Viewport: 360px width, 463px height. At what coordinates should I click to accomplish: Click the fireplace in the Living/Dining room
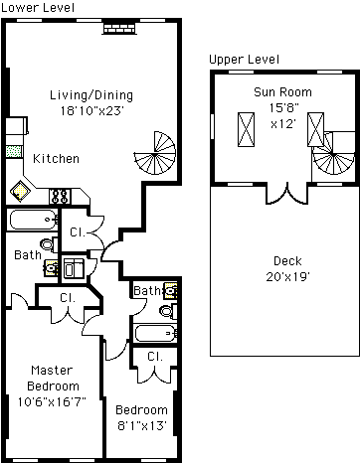pyautogui.click(x=119, y=28)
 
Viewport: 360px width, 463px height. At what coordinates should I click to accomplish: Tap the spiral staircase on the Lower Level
pyautogui.click(x=155, y=153)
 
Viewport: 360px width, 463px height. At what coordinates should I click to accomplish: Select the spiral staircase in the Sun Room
pyautogui.click(x=332, y=154)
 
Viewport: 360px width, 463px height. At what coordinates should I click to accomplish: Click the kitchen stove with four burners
pyautogui.click(x=60, y=196)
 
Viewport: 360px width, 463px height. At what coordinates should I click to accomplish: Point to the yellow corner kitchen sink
pyautogui.click(x=20, y=191)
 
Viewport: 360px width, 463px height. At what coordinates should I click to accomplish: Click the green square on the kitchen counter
pyautogui.click(x=14, y=152)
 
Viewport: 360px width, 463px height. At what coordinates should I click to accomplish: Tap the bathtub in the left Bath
pyautogui.click(x=33, y=220)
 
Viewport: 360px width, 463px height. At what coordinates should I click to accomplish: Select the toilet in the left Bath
pyautogui.click(x=49, y=244)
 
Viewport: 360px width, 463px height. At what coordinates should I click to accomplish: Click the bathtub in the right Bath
pyautogui.click(x=155, y=333)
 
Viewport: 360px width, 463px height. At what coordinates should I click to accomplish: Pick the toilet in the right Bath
pyautogui.click(x=168, y=311)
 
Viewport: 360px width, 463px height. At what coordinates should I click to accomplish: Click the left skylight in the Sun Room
pyautogui.click(x=246, y=129)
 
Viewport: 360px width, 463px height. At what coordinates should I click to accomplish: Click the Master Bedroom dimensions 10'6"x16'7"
pyautogui.click(x=52, y=402)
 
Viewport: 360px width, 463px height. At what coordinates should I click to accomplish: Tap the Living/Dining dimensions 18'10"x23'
pyautogui.click(x=91, y=110)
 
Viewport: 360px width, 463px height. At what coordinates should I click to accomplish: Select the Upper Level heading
pyautogui.click(x=244, y=60)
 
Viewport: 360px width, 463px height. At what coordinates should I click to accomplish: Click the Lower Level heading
pyautogui.click(x=38, y=7)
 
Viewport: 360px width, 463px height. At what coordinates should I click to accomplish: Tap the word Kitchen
pyautogui.click(x=56, y=159)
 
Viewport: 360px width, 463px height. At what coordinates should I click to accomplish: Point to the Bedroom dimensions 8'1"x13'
pyautogui.click(x=142, y=425)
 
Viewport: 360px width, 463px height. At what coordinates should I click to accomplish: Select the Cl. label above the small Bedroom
pyautogui.click(x=155, y=357)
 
